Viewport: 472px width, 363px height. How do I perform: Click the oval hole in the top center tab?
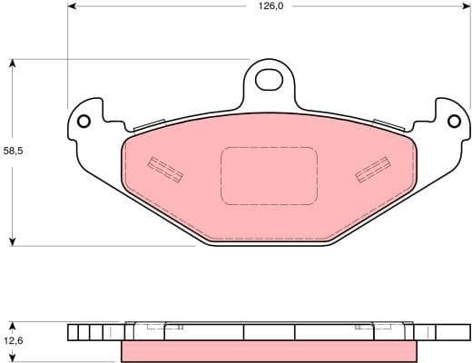click(269, 80)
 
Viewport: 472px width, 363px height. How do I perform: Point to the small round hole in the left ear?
click(84, 122)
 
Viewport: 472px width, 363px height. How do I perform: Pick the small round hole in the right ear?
click(455, 120)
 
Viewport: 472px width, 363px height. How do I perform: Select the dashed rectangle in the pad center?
click(269, 175)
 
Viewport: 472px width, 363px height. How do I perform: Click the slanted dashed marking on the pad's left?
click(166, 169)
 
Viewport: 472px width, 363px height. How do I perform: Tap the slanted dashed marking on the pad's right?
click(372, 169)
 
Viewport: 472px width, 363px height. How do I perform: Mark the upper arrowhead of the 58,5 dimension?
click(12, 64)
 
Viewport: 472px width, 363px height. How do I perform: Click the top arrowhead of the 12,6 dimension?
click(12, 324)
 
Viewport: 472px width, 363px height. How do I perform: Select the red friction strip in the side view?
click(269, 350)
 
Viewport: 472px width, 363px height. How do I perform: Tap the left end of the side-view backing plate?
click(73, 331)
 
